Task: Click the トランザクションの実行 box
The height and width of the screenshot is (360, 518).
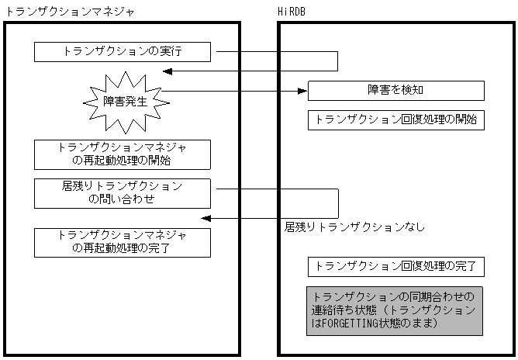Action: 123,52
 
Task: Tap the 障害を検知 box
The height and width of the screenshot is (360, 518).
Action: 395,90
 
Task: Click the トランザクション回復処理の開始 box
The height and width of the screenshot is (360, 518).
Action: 395,120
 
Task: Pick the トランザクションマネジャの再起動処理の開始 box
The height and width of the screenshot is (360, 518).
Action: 123,154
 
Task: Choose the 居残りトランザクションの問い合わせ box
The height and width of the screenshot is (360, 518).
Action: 123,193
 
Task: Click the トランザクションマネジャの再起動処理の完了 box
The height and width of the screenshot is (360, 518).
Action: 123,242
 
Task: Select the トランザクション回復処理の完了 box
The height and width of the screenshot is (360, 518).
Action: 395,268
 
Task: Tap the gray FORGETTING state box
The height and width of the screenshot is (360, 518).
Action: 395,310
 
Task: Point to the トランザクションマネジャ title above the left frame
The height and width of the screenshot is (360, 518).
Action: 70,12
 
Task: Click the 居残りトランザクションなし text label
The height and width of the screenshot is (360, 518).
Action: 355,227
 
